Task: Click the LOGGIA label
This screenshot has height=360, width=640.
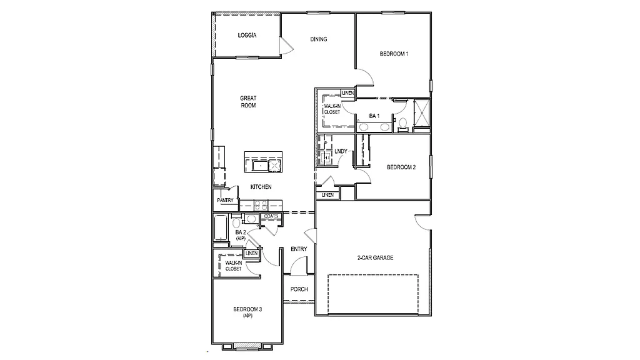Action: click(247, 36)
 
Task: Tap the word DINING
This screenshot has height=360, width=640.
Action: click(319, 39)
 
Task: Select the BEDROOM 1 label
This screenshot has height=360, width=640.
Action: click(394, 54)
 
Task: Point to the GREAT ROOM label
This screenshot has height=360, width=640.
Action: click(248, 102)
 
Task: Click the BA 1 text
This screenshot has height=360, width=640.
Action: click(374, 116)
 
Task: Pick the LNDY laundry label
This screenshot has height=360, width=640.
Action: click(341, 151)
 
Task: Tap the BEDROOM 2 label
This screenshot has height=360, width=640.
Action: click(401, 167)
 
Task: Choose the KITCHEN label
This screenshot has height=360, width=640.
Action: click(261, 187)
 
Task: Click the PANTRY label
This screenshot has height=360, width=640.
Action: click(225, 201)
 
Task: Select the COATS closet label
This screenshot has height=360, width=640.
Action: click(271, 216)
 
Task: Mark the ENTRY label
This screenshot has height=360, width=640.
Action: click(299, 249)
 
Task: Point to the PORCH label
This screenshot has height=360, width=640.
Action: click(299, 289)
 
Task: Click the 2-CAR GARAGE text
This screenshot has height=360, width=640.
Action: click(375, 257)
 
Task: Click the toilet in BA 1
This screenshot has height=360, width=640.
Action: click(403, 122)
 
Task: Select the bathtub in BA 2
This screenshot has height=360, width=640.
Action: click(221, 228)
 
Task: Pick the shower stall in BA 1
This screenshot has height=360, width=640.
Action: click(422, 113)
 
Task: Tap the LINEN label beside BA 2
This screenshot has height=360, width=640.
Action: click(252, 253)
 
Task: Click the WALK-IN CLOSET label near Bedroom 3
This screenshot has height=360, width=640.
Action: click(233, 266)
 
